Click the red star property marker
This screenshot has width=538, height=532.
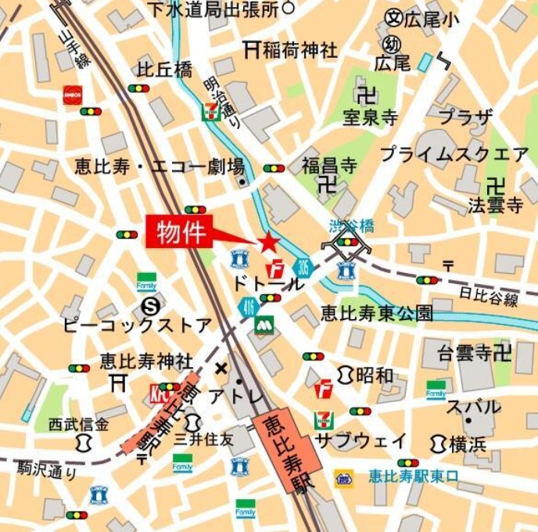tap(269, 242)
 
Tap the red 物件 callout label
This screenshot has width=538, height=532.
tap(180, 232)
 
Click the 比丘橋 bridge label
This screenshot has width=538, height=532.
tap(164, 70)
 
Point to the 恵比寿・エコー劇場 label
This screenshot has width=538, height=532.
tap(160, 167)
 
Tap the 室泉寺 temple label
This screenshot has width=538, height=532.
tap(370, 118)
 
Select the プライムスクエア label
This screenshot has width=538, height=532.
tap(454, 154)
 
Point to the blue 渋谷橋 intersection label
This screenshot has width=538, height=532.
tap(351, 227)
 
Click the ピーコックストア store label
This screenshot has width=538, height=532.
tap(138, 325)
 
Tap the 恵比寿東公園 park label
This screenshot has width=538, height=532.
tap(376, 314)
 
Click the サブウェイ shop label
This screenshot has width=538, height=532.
tap(360, 440)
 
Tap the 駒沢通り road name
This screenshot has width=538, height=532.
tap(48, 470)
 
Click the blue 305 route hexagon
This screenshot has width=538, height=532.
tap(303, 268)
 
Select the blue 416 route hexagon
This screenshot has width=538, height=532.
tap(249, 307)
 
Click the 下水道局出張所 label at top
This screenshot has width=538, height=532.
tap(213, 9)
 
